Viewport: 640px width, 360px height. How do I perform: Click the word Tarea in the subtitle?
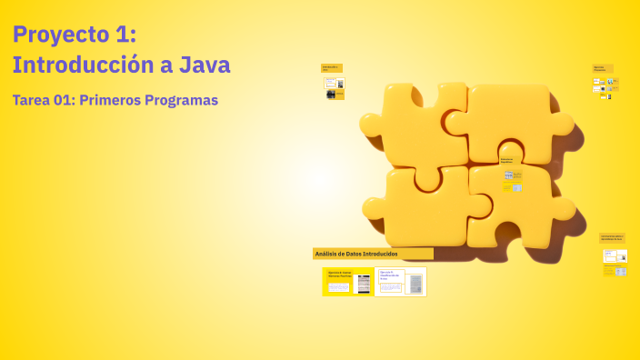pyautogui.click(x=30, y=100)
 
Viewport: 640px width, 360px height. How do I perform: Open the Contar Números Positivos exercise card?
pyautogui.click(x=348, y=282)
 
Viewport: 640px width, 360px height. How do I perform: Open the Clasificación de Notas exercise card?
pyautogui.click(x=400, y=282)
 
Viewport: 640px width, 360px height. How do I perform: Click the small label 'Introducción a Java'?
pyautogui.click(x=332, y=68)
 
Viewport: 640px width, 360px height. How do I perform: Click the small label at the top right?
pyautogui.click(x=603, y=68)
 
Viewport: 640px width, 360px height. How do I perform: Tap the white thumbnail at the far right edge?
pyautogui.click(x=621, y=272)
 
